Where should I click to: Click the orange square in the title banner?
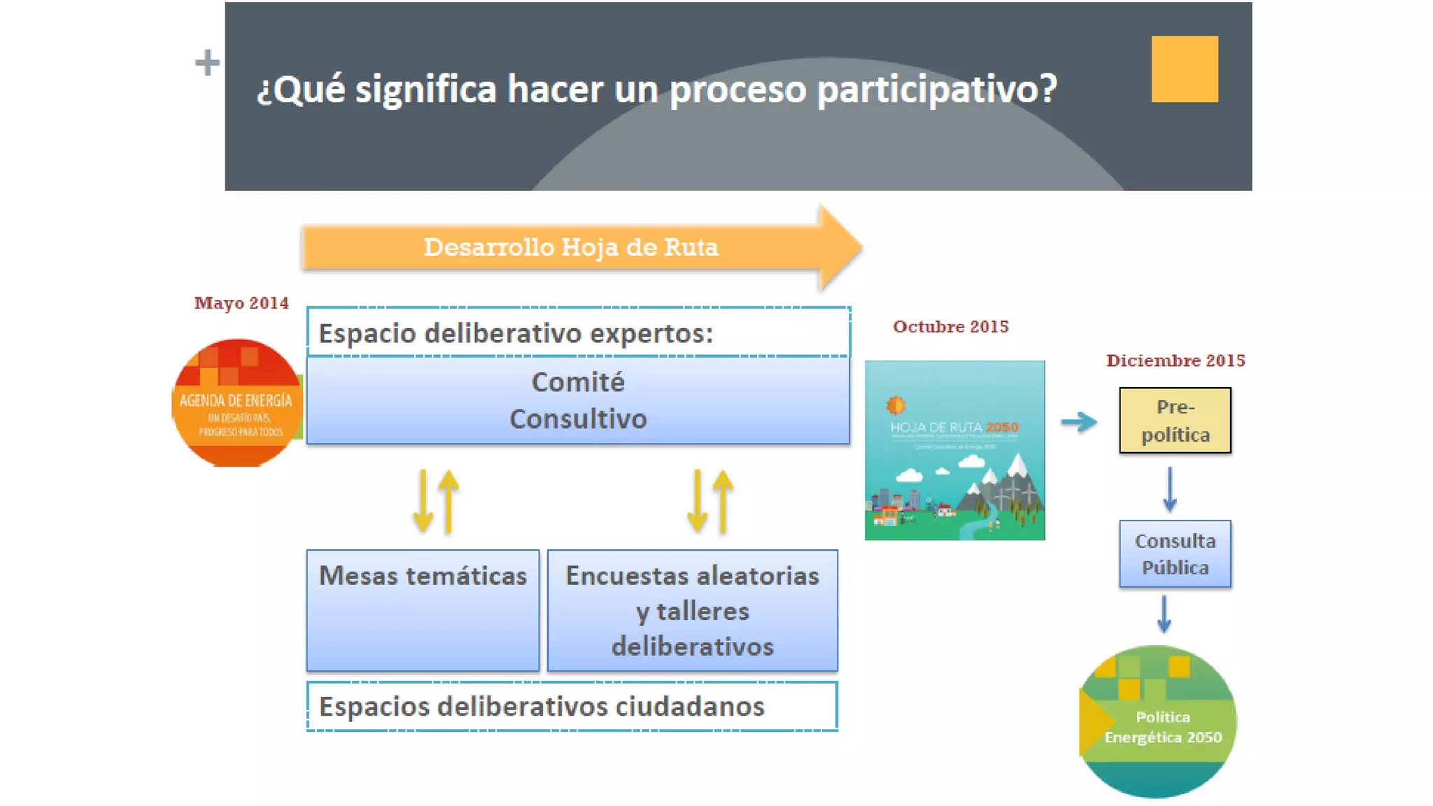[1184, 69]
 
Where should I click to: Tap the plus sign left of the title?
[207, 63]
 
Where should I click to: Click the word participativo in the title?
[936, 90]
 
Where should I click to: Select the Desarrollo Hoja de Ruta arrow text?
[571, 248]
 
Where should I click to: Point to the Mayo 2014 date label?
[241, 303]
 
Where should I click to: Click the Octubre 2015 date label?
[950, 327]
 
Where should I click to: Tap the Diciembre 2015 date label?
[1176, 361]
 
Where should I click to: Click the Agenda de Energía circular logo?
[237, 403]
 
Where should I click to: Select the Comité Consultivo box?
[578, 400]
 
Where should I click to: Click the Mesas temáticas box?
[423, 610]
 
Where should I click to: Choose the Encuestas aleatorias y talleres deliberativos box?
[692, 610]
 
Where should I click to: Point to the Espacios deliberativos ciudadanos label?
[542, 707]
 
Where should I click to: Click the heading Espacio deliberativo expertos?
[516, 333]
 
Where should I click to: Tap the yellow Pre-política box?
[1175, 420]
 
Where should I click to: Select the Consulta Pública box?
[1175, 553]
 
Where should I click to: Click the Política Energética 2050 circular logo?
[1158, 722]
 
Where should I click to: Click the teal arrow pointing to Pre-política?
[1078, 422]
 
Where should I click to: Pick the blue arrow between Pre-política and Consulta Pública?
[1169, 489]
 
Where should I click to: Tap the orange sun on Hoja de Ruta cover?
[896, 405]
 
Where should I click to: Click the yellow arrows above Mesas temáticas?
[435, 501]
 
